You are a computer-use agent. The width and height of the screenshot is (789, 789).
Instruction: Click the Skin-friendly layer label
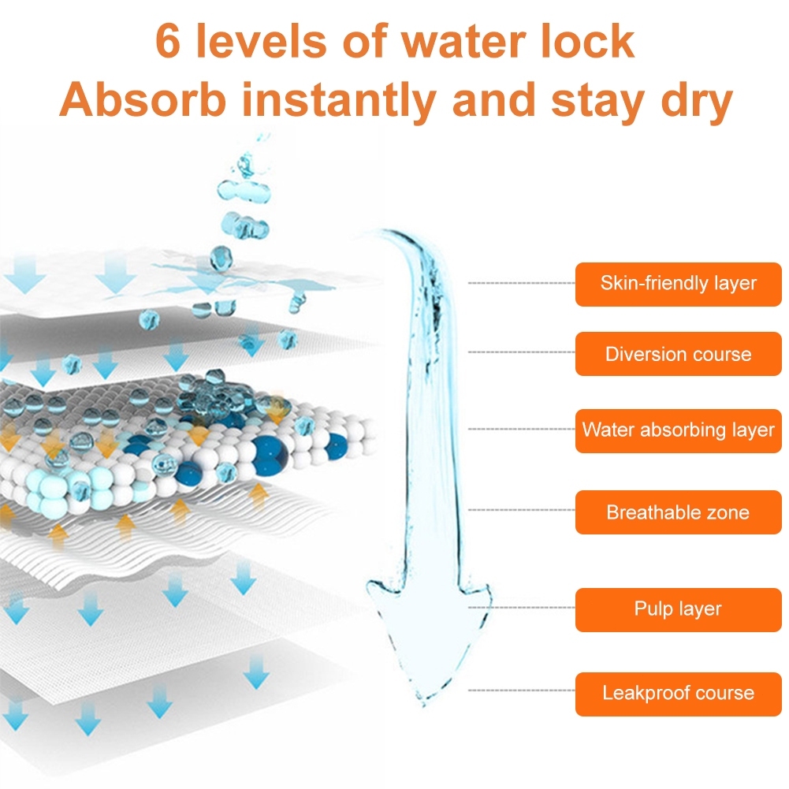coord(678,284)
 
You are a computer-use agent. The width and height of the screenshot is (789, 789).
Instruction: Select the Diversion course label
coord(678,354)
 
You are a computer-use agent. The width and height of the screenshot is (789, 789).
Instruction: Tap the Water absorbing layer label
coord(678,430)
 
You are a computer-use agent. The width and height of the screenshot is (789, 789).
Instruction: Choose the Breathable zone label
coord(678,512)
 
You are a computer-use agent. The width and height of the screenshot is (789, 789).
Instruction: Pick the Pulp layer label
coord(678,609)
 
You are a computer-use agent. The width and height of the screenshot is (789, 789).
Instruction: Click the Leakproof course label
coord(678,694)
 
